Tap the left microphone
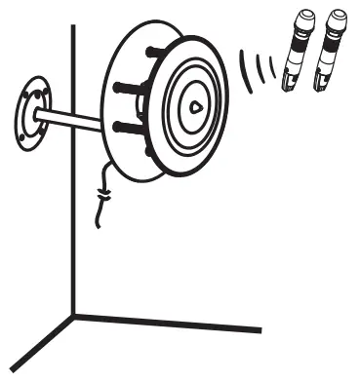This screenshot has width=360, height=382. [x=296, y=53]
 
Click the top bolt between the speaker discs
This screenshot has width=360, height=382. [x=155, y=52]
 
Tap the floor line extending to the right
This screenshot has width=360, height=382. [x=176, y=322]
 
